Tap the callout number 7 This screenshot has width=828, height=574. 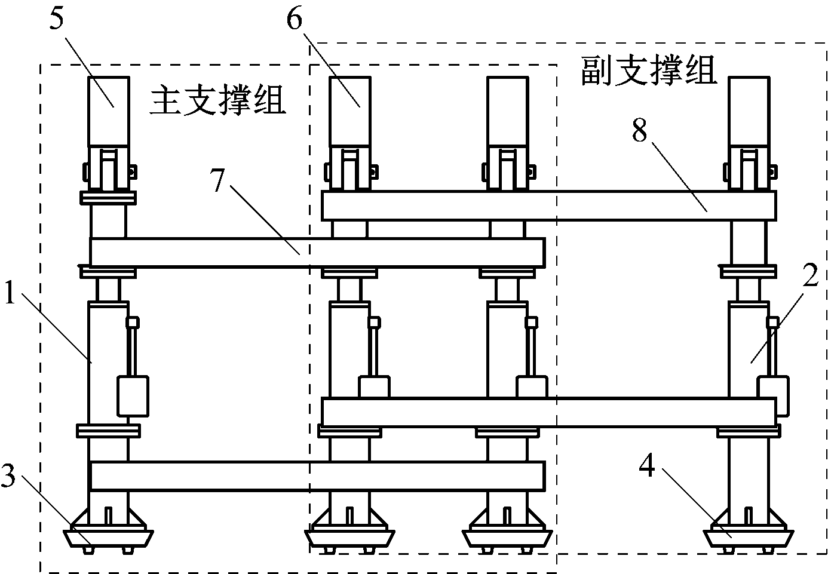[x=219, y=181]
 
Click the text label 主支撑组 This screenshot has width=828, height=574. [x=218, y=102]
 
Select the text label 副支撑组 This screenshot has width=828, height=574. [x=649, y=72]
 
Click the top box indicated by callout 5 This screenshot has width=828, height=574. [x=108, y=111]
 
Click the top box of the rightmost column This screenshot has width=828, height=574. [x=748, y=111]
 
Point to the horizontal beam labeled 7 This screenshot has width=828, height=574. [x=317, y=252]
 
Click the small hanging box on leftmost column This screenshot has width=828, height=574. [x=133, y=395]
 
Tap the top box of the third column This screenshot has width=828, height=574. [x=507, y=111]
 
